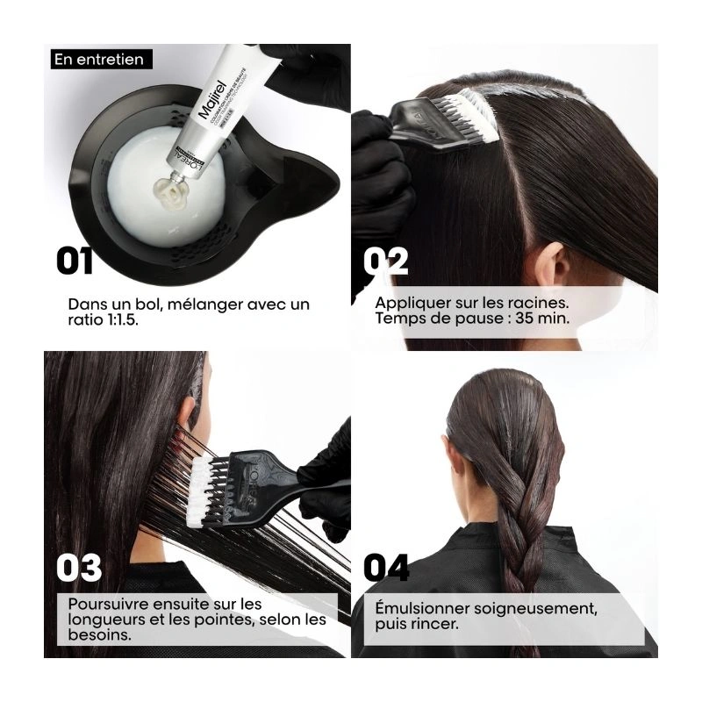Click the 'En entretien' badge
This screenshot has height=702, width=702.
pyautogui.click(x=97, y=60)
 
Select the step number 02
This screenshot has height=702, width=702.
pyautogui.click(x=387, y=261)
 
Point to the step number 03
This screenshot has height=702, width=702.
pyautogui.click(x=80, y=568)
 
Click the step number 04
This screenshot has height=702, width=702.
pyautogui.click(x=387, y=568)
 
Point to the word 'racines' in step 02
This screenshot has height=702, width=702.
pyautogui.click(x=544, y=303)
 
